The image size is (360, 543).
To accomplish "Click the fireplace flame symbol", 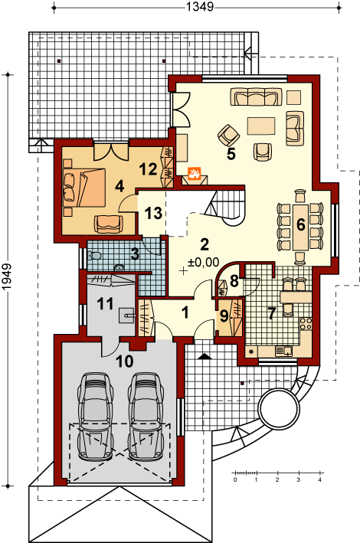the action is [x=194, y=173].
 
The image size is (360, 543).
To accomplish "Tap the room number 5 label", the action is [x=231, y=154].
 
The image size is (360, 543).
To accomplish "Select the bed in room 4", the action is [x=84, y=188].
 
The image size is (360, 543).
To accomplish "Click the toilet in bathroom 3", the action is [x=94, y=256].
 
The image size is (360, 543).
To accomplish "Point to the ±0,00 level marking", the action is [x=204, y=262].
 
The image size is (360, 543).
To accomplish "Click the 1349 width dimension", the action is [x=200, y=7].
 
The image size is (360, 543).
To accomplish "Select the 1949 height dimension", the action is [x=7, y=277].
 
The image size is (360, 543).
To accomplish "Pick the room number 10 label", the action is [x=125, y=361].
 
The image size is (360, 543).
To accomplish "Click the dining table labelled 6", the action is [x=300, y=227].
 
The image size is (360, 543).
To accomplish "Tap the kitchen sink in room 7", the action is [x=283, y=351].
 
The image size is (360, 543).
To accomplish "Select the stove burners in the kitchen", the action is [x=306, y=323].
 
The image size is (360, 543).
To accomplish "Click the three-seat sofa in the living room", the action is [x=256, y=96].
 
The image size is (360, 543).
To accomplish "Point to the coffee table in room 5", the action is [x=261, y=126].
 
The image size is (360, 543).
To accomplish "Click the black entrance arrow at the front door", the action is [x=205, y=356].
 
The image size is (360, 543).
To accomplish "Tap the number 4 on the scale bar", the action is [x=319, y=479].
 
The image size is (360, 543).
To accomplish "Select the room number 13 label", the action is [x=153, y=213].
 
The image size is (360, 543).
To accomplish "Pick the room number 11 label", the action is [x=106, y=304].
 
